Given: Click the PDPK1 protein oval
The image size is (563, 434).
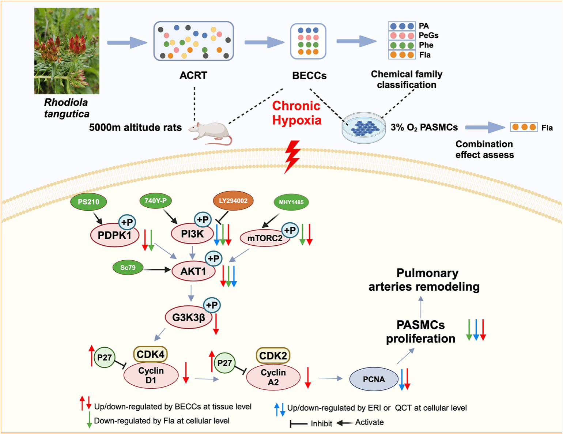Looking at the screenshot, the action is (x=114, y=235).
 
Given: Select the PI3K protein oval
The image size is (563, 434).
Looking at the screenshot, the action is (x=192, y=233).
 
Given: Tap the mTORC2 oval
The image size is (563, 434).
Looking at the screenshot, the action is (x=265, y=238).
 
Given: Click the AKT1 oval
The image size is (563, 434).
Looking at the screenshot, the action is (x=193, y=271).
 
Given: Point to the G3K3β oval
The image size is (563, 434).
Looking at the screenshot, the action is (x=188, y=317).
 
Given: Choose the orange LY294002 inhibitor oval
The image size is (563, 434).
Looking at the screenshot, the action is (x=233, y=201).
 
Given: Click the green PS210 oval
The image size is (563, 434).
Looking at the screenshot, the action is (x=88, y=201).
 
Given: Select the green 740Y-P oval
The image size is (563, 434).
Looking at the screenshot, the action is (x=155, y=201).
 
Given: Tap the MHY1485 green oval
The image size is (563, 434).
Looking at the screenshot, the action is (x=291, y=202).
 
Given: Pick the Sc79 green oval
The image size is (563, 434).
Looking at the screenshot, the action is (x=128, y=267).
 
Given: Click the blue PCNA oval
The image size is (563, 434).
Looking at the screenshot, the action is (x=374, y=379).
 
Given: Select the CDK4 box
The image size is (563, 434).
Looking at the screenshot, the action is (x=150, y=354).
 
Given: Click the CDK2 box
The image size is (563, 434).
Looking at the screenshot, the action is (x=273, y=355).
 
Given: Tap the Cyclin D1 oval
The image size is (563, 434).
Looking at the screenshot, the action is (x=151, y=375).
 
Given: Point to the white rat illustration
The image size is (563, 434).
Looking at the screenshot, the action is (x=210, y=133).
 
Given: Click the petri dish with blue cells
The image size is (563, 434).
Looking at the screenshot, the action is (x=363, y=128).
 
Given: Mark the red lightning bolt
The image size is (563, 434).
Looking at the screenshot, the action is (x=292, y=157).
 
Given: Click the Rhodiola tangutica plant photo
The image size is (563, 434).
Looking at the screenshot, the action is (x=67, y=51).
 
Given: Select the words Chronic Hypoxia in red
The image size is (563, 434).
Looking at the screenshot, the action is (x=296, y=113).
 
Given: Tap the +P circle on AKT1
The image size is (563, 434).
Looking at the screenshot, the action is (x=214, y=258).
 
